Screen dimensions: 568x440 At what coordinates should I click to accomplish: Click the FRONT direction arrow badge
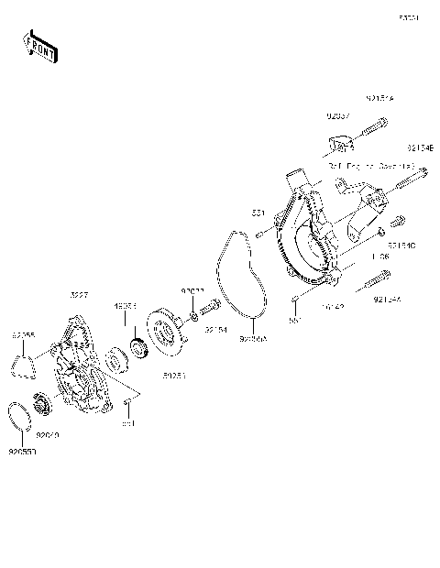click(39, 47)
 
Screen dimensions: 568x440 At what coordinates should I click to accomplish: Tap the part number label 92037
click(337, 116)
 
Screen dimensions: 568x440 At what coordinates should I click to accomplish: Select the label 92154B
click(423, 148)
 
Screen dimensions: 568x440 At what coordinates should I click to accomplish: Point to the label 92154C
click(401, 246)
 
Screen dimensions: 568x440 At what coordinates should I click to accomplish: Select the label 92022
click(192, 291)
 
